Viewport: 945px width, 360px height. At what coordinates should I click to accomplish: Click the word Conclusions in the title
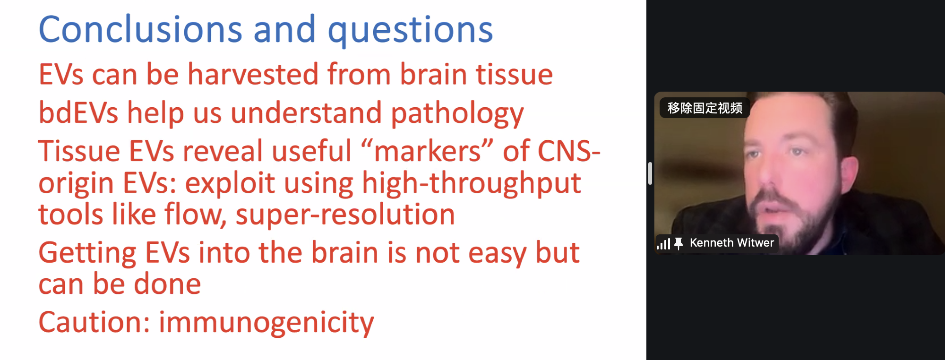(140, 29)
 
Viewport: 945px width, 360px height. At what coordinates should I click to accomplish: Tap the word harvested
(253, 74)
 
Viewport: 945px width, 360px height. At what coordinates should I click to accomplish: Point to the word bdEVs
(78, 112)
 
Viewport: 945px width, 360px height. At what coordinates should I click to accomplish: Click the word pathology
(457, 114)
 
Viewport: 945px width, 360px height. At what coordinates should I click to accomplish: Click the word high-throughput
(472, 184)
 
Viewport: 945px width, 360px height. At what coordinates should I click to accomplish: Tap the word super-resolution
(345, 214)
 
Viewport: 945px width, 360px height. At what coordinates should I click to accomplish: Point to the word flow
(195, 214)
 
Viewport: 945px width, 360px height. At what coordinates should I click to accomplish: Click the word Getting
(87, 253)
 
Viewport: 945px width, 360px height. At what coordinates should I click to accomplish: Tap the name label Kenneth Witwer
(732, 243)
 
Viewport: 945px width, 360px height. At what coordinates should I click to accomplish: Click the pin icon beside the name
(679, 244)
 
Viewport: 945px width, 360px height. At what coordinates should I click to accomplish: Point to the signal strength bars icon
(663, 244)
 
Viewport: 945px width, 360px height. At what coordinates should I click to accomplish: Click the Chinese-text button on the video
(704, 108)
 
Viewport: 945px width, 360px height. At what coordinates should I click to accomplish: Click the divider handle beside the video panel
(650, 173)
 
